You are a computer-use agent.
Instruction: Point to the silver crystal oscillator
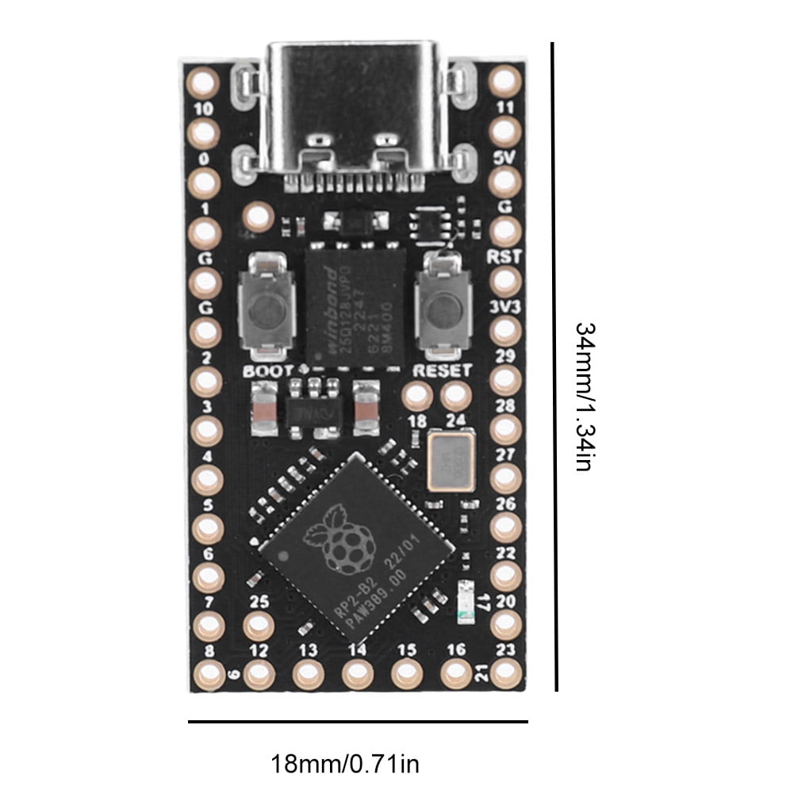[x=451, y=462]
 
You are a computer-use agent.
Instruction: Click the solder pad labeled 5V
[x=504, y=182]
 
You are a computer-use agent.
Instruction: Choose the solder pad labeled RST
[x=504, y=282]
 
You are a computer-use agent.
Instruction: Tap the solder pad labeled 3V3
[x=504, y=331]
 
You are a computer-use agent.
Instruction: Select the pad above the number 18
[x=417, y=396]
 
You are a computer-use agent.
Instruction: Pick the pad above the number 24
[x=455, y=396]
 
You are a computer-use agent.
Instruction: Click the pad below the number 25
[x=258, y=627]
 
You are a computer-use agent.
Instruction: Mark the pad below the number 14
[x=357, y=675]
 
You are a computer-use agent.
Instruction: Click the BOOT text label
[x=268, y=370]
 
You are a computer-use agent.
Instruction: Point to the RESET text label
[x=442, y=370]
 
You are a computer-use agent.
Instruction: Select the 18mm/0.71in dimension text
[x=345, y=765]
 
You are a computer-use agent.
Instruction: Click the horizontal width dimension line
[x=358, y=722]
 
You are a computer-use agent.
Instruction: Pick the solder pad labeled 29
[x=504, y=380]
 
